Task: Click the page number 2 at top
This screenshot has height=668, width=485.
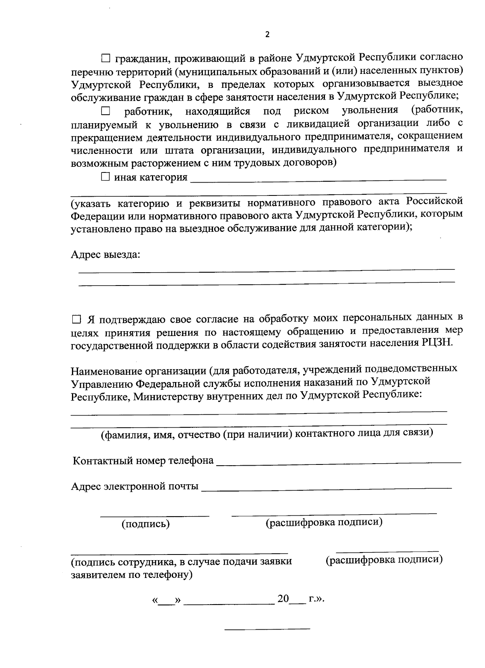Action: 267,34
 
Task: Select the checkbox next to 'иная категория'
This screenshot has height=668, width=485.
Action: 105,177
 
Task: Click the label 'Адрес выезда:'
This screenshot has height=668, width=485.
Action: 105,255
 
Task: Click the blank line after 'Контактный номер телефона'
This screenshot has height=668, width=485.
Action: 339,462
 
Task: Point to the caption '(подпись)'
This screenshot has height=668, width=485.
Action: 145,524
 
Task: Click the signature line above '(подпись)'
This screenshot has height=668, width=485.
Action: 155,516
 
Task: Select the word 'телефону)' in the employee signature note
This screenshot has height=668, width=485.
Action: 169,575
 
